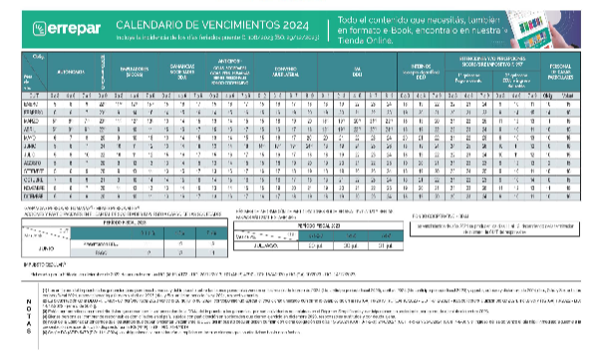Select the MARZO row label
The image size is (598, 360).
click(29, 121)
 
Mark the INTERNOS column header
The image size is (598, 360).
click(418, 72)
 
